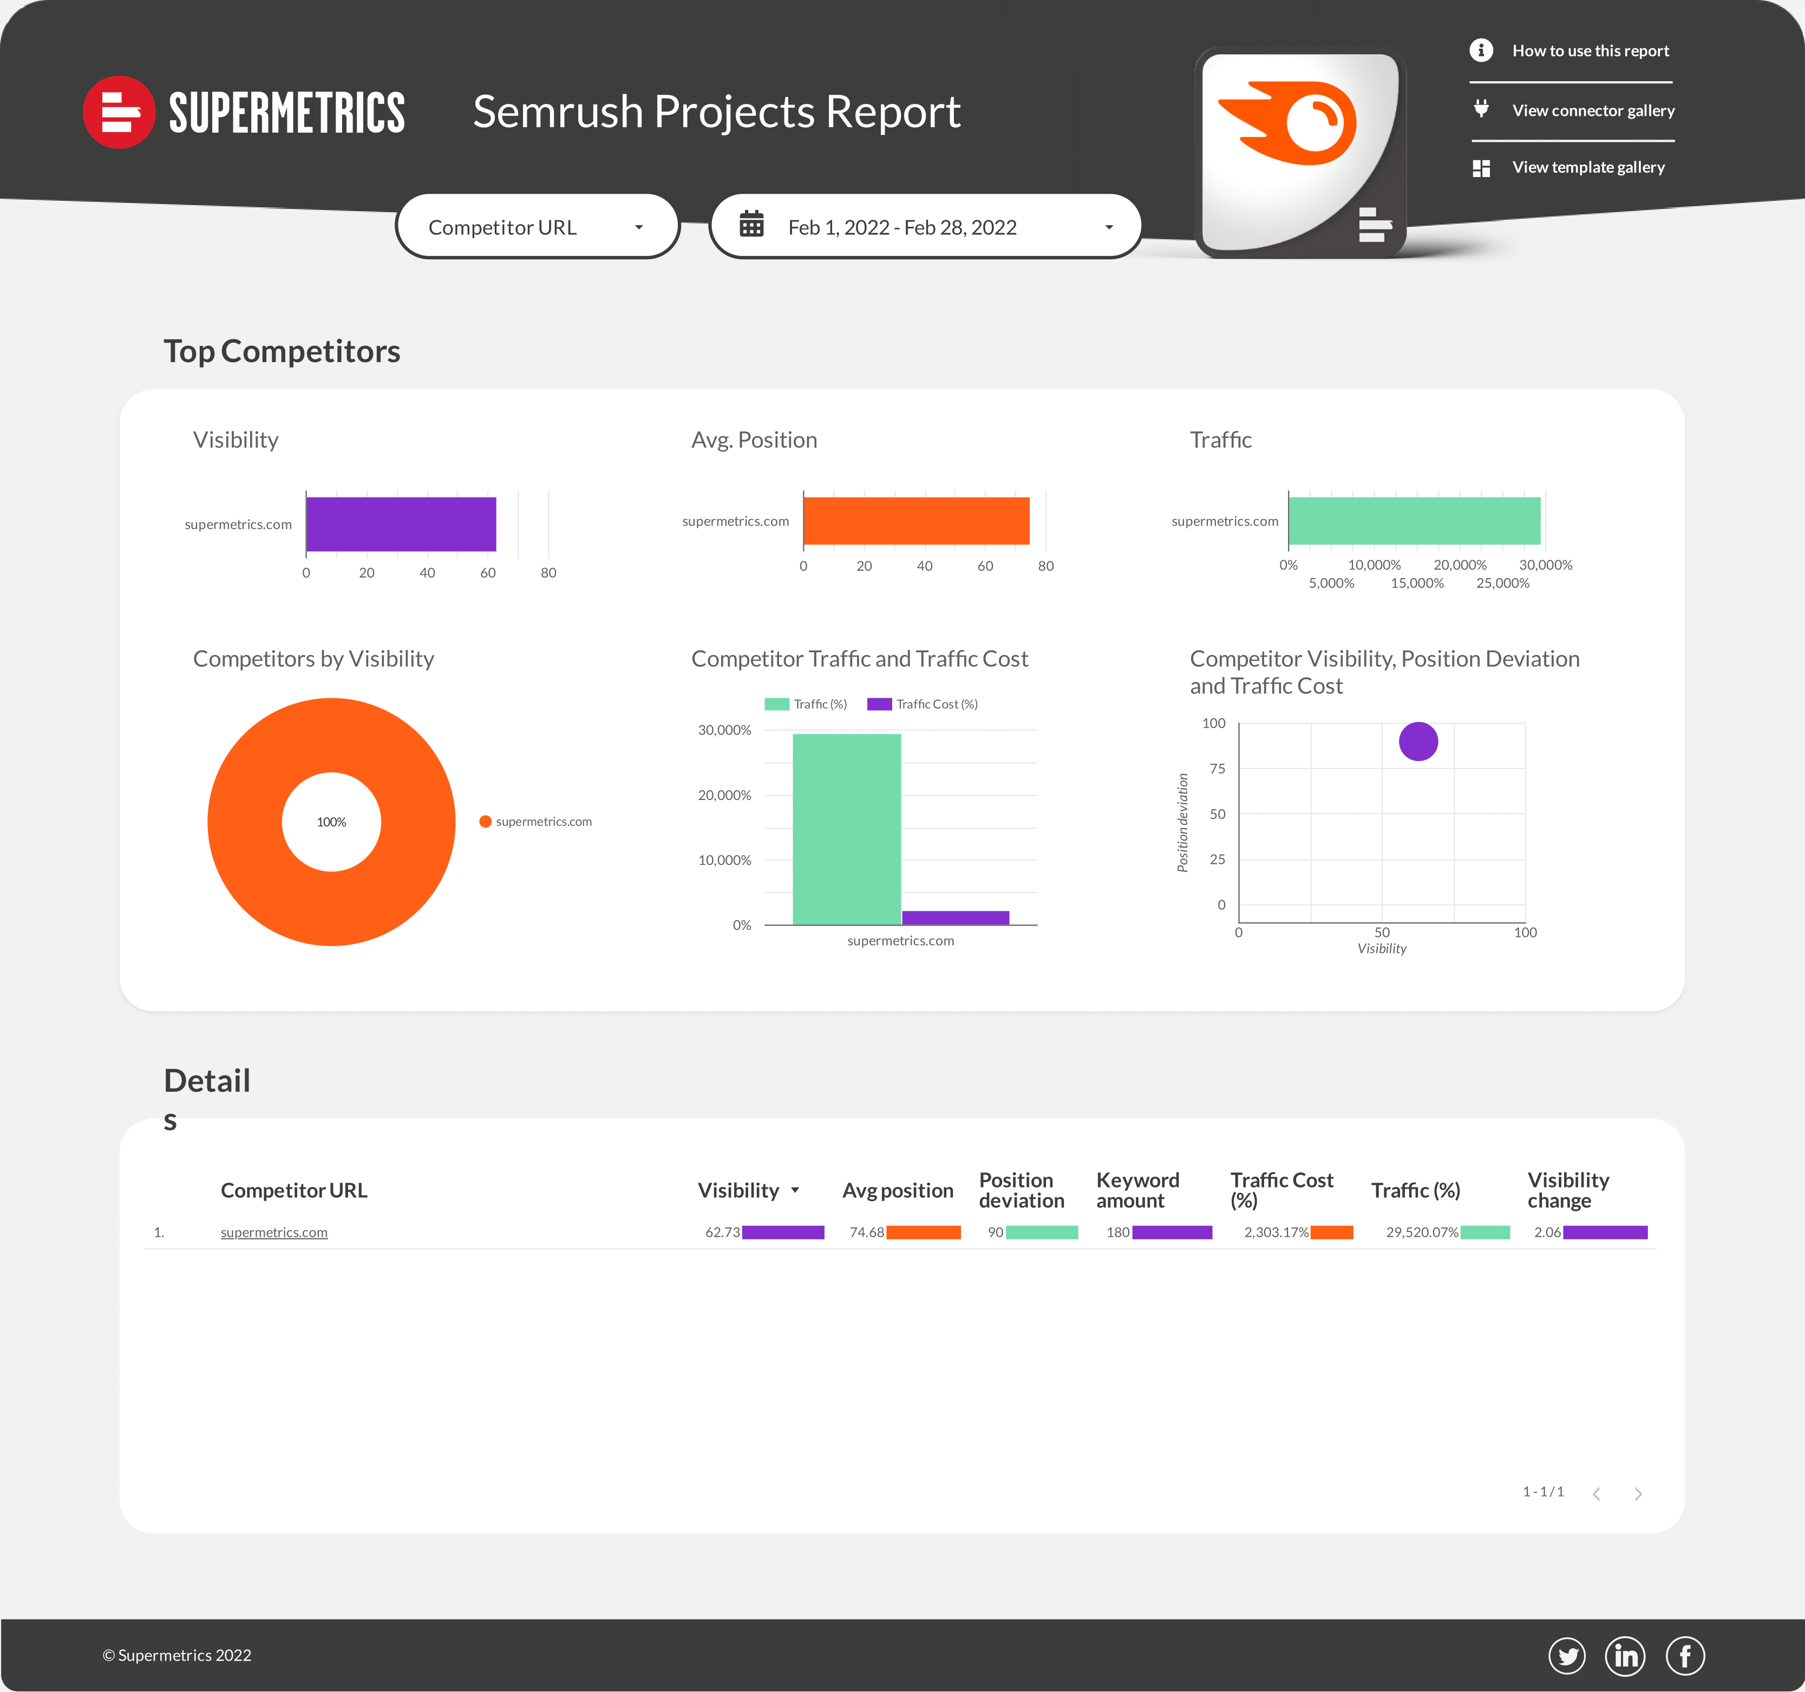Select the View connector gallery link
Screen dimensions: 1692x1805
click(1593, 111)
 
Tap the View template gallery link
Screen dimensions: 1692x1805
click(1588, 167)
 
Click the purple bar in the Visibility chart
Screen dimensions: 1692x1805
click(401, 524)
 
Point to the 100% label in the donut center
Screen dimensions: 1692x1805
click(331, 822)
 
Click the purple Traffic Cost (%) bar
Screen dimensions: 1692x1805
click(955, 917)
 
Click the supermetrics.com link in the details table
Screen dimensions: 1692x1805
click(274, 1232)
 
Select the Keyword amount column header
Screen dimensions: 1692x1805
click(1137, 1190)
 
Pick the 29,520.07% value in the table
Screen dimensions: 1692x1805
click(1421, 1232)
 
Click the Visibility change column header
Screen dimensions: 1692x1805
click(1568, 1190)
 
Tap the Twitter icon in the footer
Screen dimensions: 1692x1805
click(1566, 1656)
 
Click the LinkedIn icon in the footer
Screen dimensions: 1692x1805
click(1625, 1656)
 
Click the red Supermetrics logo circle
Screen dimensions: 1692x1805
click(118, 112)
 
